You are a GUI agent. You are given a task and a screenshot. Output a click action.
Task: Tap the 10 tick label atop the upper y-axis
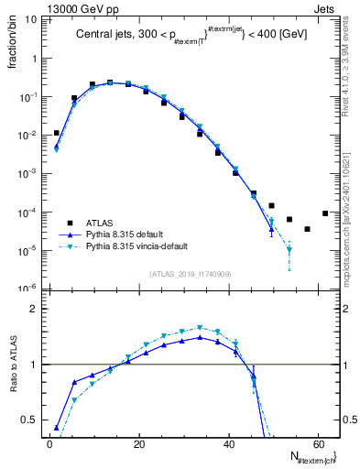(29, 19)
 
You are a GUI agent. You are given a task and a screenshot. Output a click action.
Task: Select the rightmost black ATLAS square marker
(325, 213)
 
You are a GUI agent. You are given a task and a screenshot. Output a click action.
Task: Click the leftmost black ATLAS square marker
(57, 133)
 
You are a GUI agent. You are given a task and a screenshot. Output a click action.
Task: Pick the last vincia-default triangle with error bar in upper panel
(289, 249)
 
